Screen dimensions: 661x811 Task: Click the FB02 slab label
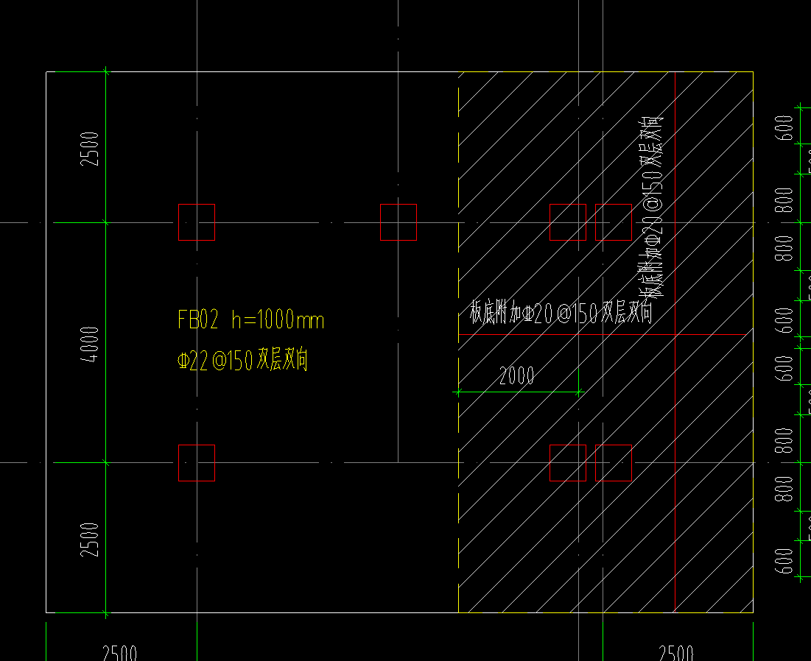(x=198, y=320)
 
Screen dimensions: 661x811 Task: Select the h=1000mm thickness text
(x=278, y=320)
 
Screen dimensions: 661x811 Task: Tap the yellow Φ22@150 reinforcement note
(x=242, y=361)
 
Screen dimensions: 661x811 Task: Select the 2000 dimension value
(x=516, y=377)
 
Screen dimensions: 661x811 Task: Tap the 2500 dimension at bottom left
(x=119, y=653)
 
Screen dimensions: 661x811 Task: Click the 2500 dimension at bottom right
(x=676, y=653)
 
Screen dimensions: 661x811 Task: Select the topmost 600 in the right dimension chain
(x=785, y=128)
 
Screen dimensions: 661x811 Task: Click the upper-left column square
(x=197, y=222)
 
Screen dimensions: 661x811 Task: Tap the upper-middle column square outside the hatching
(x=399, y=222)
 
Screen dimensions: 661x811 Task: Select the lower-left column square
(x=197, y=463)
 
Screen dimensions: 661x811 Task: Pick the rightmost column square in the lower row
(x=614, y=463)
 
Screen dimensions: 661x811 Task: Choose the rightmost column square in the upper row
(x=614, y=222)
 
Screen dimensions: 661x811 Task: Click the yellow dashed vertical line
(x=459, y=442)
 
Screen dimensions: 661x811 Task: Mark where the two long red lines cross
(x=675, y=335)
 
